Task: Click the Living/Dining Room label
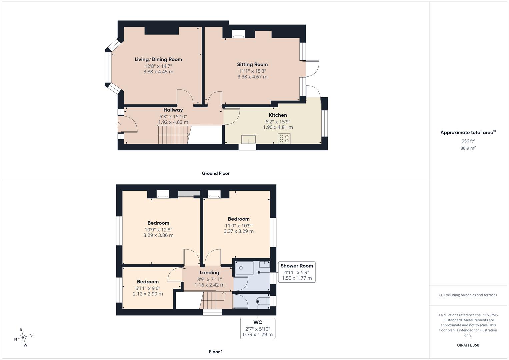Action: click(x=158, y=60)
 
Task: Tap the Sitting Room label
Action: click(x=252, y=65)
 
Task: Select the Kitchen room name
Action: click(x=278, y=115)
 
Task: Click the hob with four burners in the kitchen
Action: click(x=284, y=138)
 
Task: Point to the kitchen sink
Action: click(x=249, y=139)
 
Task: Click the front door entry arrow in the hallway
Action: click(x=118, y=124)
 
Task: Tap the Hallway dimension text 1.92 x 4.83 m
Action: click(x=173, y=122)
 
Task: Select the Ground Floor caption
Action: click(x=216, y=173)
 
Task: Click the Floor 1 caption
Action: click(x=216, y=352)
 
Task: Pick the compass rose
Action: click(x=23, y=337)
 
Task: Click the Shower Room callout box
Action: click(x=297, y=272)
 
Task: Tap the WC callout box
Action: click(x=258, y=328)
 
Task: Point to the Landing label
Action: click(x=209, y=273)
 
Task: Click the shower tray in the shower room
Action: click(x=244, y=268)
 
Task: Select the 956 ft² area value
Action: click(x=468, y=141)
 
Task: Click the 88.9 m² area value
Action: click(x=468, y=148)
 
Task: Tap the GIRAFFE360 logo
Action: click(x=468, y=345)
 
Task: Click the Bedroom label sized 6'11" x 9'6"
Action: click(x=148, y=282)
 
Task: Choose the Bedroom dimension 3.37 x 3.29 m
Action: click(x=239, y=231)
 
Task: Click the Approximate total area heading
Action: click(x=468, y=132)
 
